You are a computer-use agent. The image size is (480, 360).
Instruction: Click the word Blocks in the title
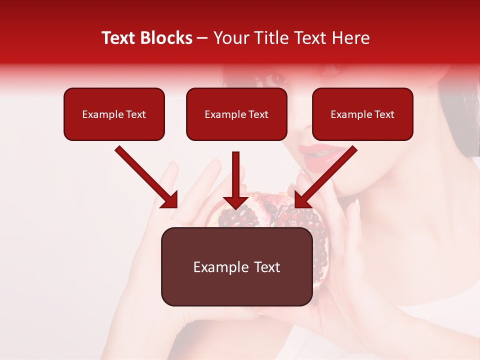167,38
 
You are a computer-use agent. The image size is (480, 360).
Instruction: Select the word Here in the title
350,38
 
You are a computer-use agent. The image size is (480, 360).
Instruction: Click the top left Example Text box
114,114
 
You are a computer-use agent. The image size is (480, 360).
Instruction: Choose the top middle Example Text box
236,114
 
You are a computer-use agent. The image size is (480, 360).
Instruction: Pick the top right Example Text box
362,114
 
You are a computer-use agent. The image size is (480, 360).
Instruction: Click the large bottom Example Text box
236,266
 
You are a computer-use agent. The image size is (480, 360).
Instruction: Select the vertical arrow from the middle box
236,180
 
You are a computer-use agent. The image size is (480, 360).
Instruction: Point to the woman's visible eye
276,78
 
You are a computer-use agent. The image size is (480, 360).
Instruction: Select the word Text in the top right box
384,114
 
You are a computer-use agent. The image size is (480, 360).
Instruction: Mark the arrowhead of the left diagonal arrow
170,199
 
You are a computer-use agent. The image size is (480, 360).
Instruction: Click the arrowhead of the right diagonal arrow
302,199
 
